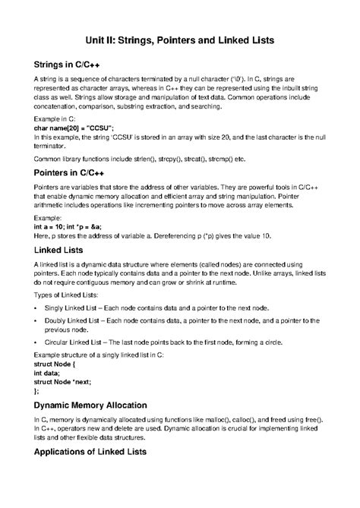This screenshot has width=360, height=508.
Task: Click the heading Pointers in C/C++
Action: click(x=75, y=173)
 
